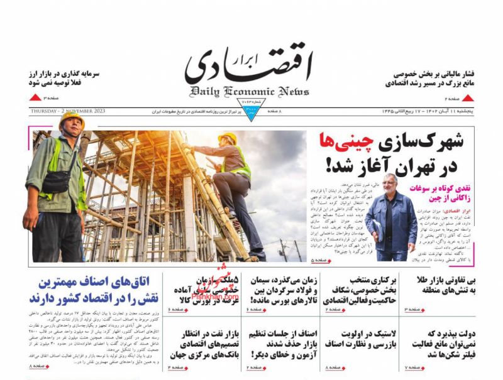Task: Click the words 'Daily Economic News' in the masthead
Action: coord(250,91)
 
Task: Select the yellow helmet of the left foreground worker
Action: coord(71,119)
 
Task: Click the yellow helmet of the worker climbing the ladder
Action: coord(227,138)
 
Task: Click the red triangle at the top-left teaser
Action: coord(34,99)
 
